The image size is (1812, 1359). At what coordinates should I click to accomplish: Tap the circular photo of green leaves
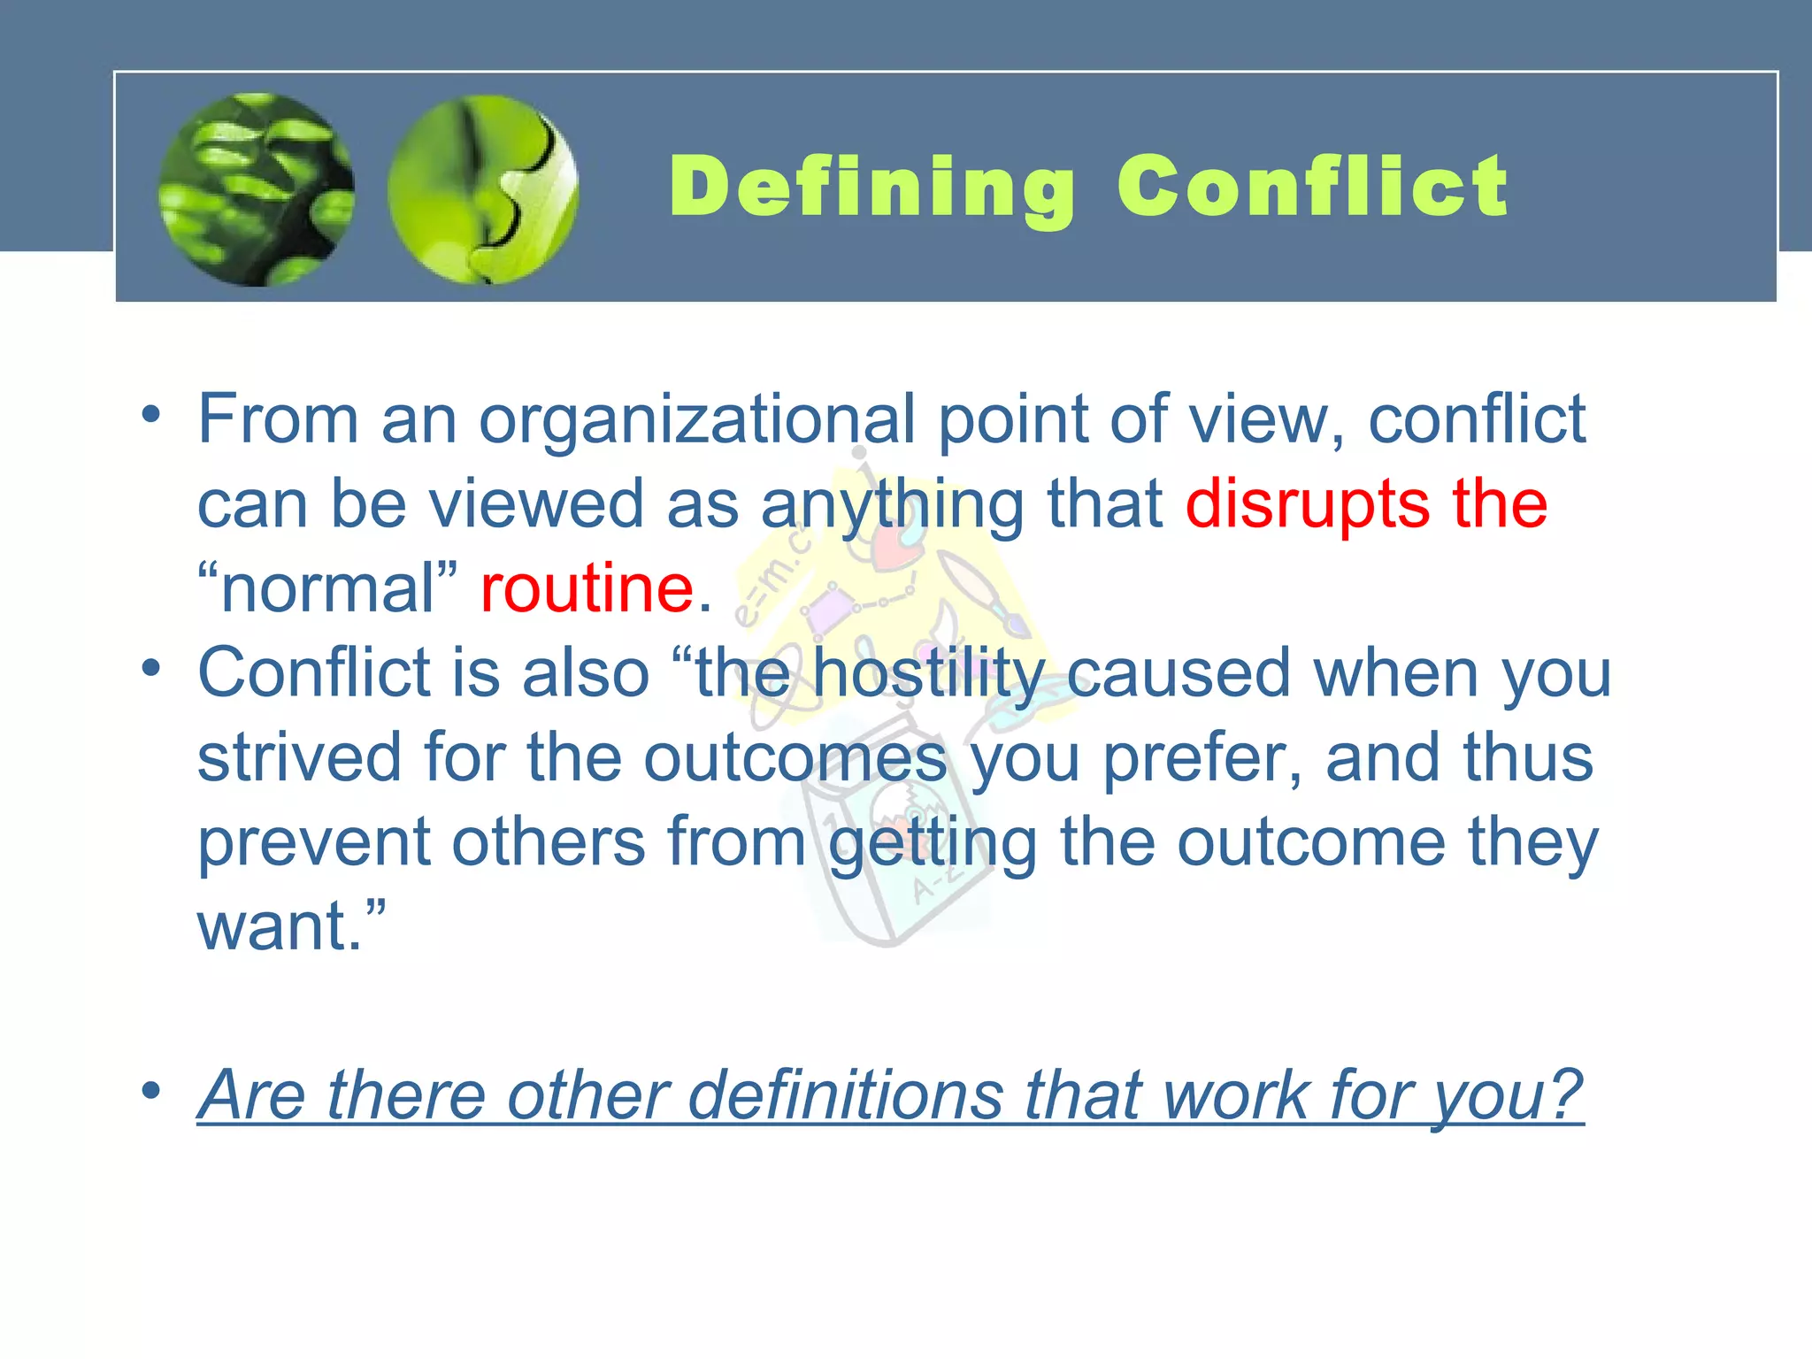click(257, 189)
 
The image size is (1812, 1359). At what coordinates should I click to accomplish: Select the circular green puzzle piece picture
click(483, 189)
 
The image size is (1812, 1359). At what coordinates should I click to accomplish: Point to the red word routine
click(587, 588)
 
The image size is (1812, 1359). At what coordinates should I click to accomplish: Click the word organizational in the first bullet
click(697, 419)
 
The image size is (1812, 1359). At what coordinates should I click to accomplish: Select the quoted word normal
click(327, 588)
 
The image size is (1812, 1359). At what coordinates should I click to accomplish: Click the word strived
click(299, 758)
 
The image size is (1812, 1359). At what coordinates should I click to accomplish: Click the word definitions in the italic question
click(845, 1095)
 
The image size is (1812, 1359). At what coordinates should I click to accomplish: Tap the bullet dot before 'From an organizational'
click(151, 414)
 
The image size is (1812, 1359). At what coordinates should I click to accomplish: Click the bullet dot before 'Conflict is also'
click(151, 669)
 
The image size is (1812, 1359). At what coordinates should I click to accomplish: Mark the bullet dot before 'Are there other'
click(151, 1091)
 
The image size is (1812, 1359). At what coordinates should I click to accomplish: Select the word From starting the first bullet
click(278, 419)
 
